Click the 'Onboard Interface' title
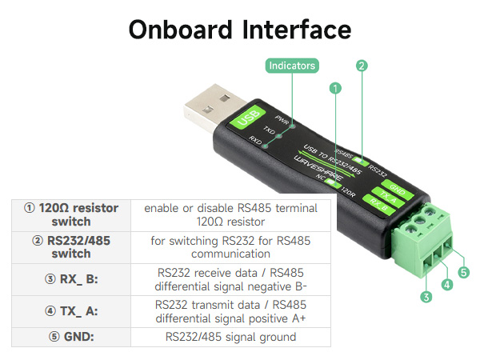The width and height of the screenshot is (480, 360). [x=239, y=30]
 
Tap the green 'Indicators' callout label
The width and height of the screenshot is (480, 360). [x=291, y=66]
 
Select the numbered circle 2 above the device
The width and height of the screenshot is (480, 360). [x=362, y=66]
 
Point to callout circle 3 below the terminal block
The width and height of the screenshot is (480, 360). [x=426, y=297]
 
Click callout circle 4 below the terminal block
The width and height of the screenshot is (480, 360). [x=447, y=284]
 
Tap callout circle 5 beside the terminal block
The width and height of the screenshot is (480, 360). [x=464, y=272]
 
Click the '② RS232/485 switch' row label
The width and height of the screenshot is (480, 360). [x=71, y=246]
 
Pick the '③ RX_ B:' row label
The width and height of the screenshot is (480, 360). [x=71, y=278]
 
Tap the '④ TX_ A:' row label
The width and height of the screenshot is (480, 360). [x=71, y=311]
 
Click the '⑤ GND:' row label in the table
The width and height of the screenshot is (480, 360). [x=71, y=337]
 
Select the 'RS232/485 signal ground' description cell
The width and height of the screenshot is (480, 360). [x=230, y=337]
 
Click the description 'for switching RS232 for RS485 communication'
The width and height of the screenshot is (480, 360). [x=230, y=246]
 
